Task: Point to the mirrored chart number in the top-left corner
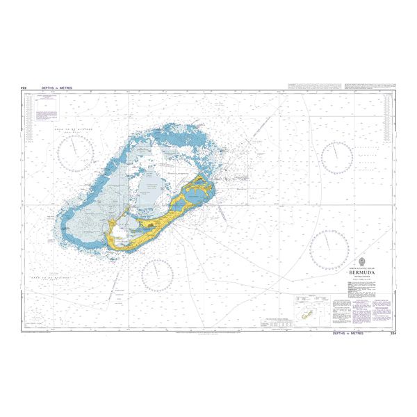(24, 88)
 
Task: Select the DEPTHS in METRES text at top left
(56, 88)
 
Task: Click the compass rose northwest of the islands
(76, 153)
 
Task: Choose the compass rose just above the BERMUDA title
(329, 249)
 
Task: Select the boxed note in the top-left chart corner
(48, 101)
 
